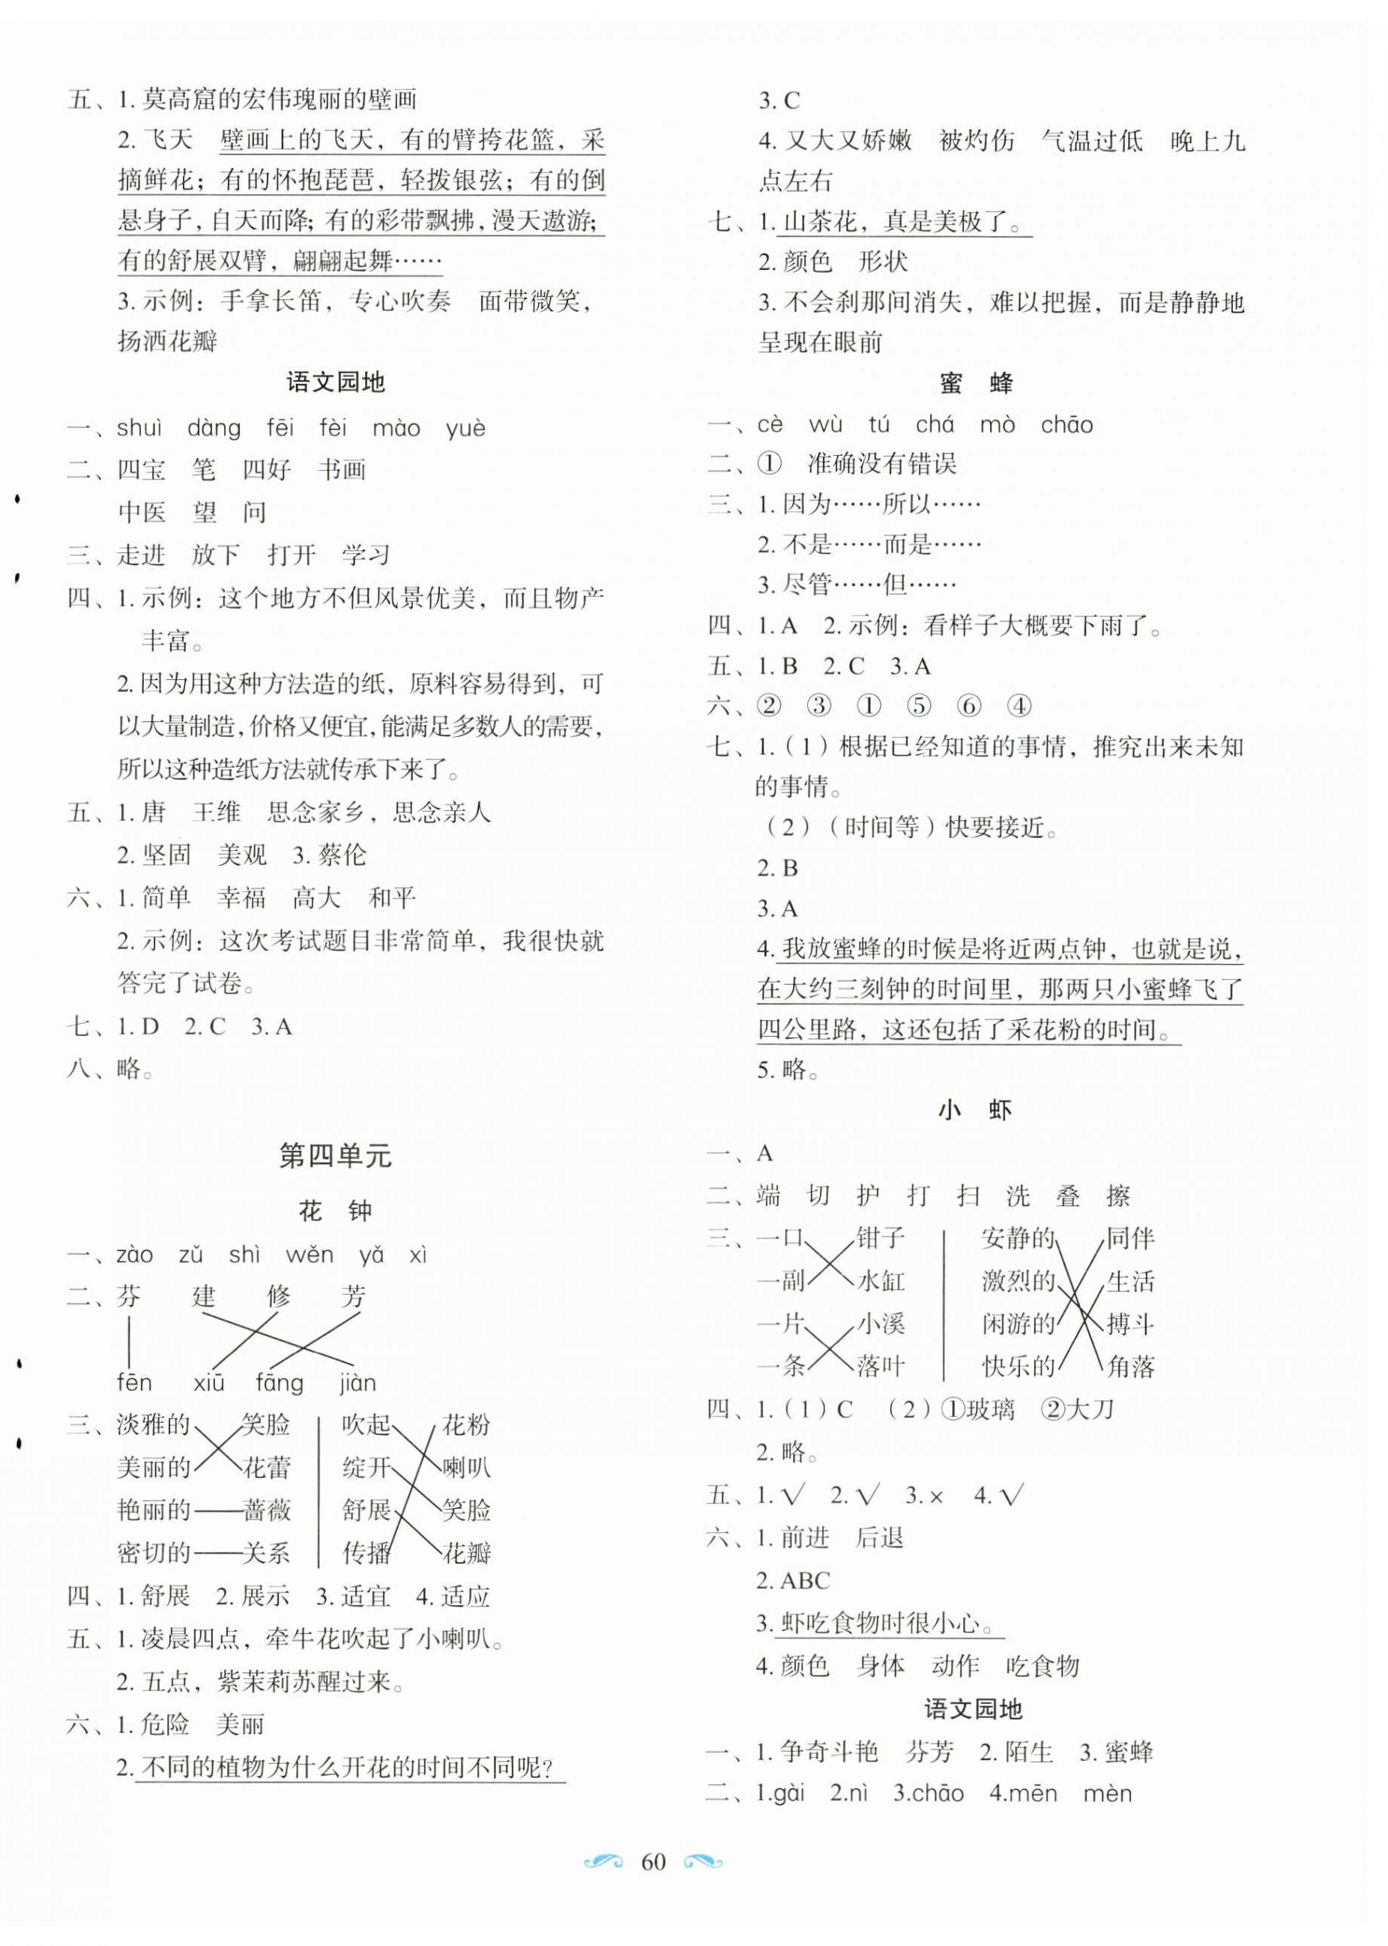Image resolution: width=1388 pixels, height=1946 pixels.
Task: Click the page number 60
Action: point(653,1861)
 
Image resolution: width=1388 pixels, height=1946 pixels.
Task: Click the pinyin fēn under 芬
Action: point(134,1383)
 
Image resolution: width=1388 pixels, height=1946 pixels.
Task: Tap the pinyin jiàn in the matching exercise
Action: point(357,1383)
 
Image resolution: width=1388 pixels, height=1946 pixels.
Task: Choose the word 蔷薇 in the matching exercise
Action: point(267,1510)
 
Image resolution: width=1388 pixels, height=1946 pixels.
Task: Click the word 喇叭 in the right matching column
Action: point(467,1468)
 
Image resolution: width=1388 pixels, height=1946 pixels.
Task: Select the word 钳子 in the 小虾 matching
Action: point(881,1238)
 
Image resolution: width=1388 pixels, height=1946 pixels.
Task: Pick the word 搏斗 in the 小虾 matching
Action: point(1130,1324)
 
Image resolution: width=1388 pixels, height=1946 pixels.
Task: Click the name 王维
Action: point(217,812)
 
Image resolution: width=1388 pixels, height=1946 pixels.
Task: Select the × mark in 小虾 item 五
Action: point(936,1495)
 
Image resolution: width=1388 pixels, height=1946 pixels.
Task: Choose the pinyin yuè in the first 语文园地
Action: point(466,428)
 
